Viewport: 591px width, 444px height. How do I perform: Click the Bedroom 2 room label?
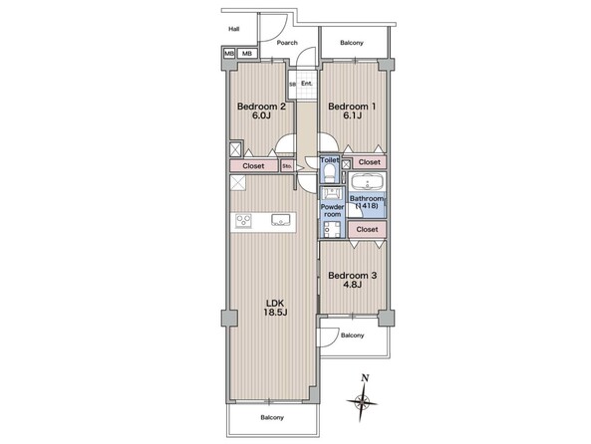tap(261, 111)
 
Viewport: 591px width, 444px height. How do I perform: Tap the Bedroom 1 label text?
tap(352, 111)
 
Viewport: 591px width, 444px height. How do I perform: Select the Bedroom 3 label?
tap(353, 280)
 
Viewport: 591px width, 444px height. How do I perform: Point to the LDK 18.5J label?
tap(277, 308)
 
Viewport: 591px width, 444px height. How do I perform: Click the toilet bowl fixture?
tap(330, 172)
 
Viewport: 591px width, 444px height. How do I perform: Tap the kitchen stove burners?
tap(243, 221)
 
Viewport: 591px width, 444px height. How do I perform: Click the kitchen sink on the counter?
tap(280, 220)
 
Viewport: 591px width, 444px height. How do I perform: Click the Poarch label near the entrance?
tap(287, 43)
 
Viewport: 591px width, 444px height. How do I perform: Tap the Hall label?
tap(234, 29)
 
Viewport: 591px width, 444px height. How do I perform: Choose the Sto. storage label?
tap(287, 165)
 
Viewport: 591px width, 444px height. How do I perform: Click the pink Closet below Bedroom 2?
tap(254, 166)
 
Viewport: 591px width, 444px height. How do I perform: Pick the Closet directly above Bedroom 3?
tap(367, 229)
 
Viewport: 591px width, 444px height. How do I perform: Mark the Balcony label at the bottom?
tap(272, 417)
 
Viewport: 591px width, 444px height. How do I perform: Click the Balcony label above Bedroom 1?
tap(352, 43)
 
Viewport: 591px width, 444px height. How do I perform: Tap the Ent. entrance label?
tap(307, 84)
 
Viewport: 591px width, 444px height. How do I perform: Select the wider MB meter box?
tap(247, 54)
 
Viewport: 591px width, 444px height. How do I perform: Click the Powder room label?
tap(332, 210)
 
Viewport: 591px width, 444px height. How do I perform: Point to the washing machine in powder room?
tap(332, 229)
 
